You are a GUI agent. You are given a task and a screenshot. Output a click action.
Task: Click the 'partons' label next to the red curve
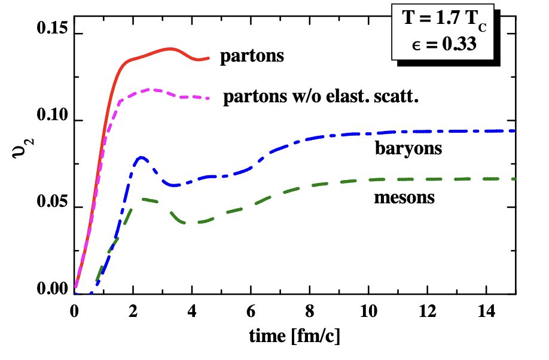click(251, 57)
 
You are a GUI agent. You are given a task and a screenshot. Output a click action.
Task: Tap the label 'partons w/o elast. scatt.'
click(320, 97)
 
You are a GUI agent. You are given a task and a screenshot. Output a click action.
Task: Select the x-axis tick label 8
click(309, 312)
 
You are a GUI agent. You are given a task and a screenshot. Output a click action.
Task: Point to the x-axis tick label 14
click(486, 312)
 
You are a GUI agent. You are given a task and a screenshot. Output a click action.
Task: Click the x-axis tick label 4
click(192, 312)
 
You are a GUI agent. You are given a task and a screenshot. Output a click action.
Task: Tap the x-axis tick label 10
click(368, 312)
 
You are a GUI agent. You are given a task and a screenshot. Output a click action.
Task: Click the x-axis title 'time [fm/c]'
click(294, 337)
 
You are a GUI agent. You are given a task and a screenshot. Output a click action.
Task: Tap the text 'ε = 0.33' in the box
click(442, 43)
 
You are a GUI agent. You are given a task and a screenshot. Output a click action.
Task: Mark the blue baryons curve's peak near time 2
click(141, 157)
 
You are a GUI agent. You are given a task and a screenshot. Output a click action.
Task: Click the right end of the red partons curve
click(209, 58)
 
